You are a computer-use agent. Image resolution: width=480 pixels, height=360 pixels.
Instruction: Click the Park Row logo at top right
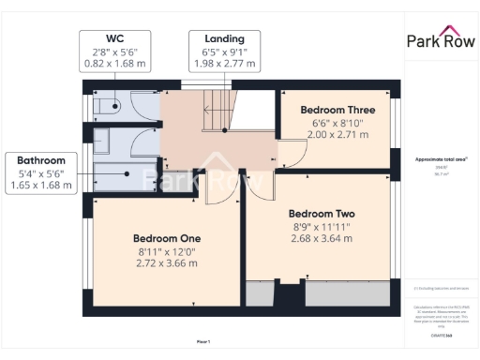point(441,39)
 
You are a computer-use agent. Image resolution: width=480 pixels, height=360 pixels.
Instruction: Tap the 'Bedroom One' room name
point(166,237)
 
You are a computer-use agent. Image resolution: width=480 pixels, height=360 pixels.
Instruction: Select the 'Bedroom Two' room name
point(322,213)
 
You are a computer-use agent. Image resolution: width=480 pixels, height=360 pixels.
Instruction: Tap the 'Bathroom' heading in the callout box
point(40,160)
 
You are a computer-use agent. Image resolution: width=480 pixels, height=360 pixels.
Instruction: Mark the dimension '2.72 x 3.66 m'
point(166,263)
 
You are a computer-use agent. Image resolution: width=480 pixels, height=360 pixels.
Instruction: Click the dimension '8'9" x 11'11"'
point(322,226)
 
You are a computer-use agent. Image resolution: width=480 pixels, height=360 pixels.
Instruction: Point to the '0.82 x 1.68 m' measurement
point(116,64)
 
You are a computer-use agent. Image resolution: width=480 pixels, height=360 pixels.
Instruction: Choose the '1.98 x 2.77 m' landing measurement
point(224,64)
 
